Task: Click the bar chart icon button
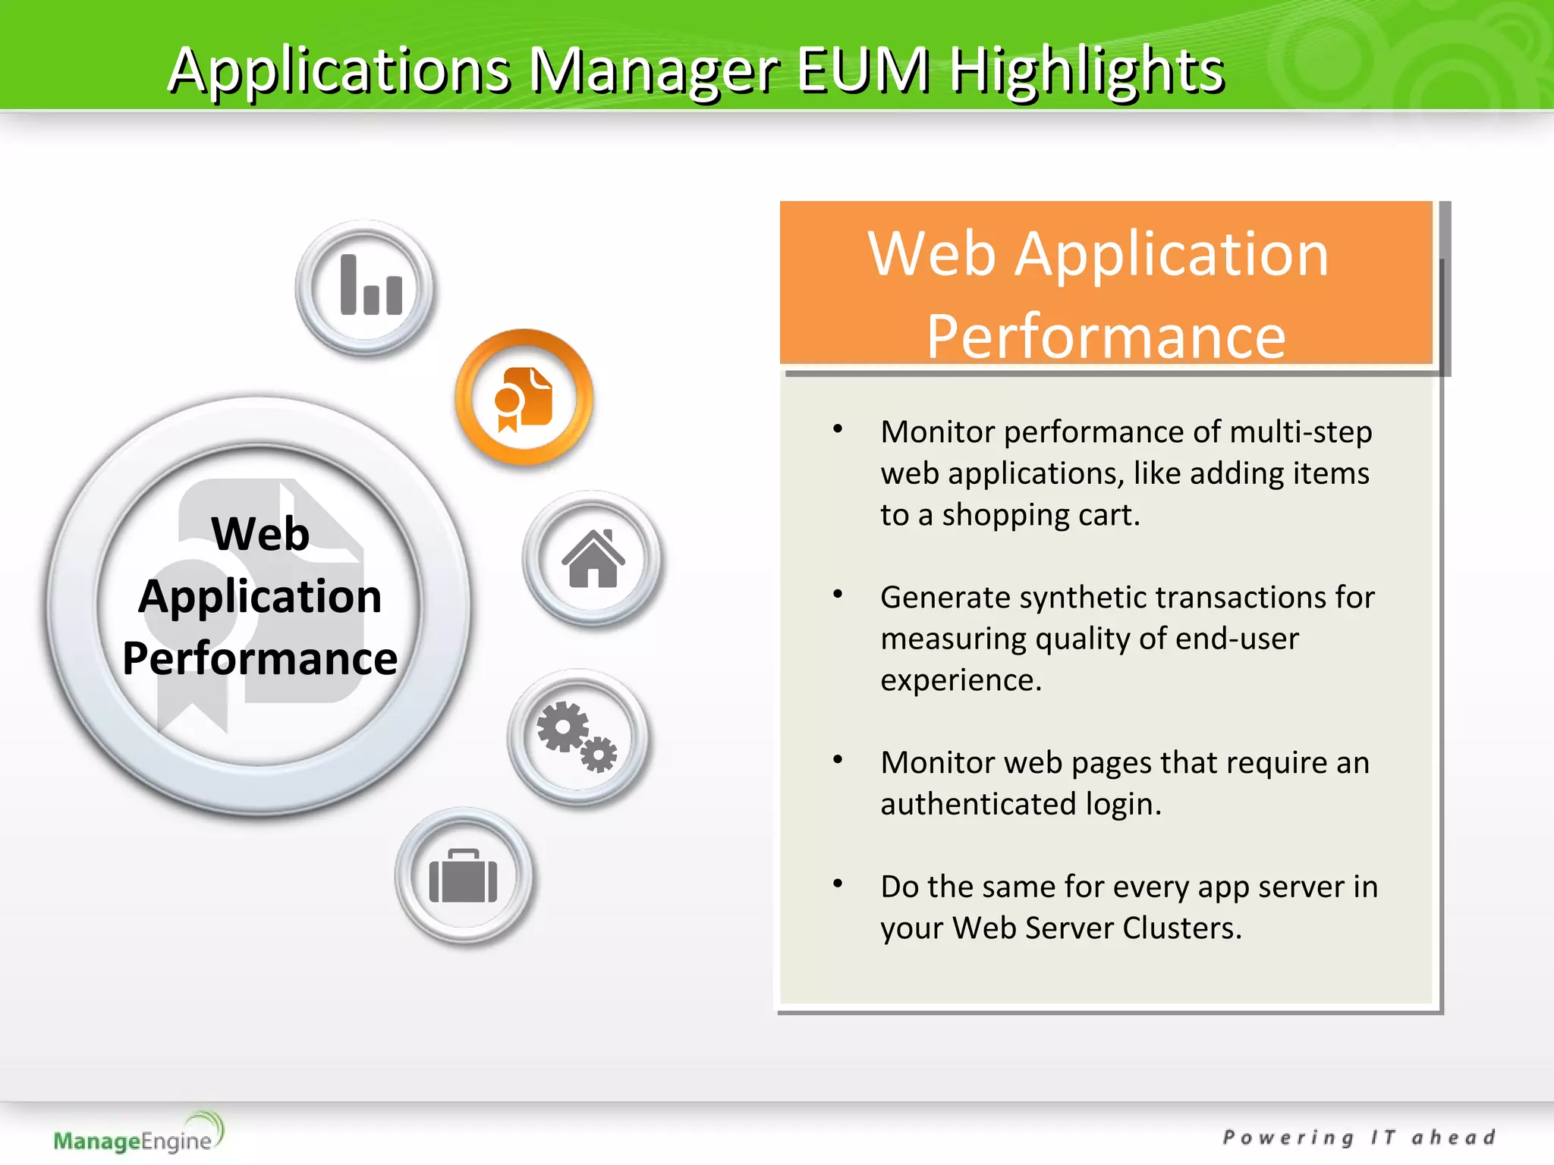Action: pos(365,287)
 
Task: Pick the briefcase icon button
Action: pos(464,877)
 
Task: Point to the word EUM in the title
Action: pos(863,71)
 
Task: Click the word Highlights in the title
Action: pos(1087,71)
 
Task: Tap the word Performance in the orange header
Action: pos(1106,336)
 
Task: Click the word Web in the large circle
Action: pos(260,533)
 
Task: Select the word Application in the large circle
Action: pos(260,596)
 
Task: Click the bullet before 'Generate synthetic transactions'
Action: pos(838,595)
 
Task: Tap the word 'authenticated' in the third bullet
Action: pos(978,804)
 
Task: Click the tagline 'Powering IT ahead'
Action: pos(1358,1138)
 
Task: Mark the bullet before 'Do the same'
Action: pos(838,884)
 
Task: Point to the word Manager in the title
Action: pos(653,71)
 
